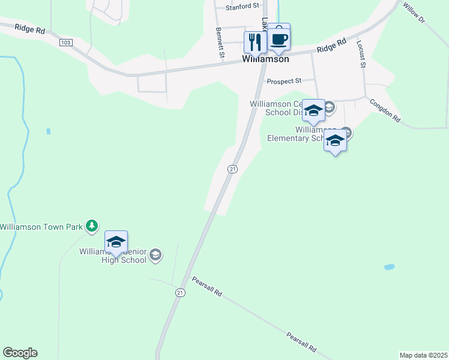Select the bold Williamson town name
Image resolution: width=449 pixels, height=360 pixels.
265,59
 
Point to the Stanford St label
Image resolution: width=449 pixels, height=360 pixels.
242,7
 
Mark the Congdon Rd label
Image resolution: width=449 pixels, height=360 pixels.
385,111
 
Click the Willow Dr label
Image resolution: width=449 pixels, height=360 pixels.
414,13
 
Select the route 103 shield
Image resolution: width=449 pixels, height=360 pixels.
66,42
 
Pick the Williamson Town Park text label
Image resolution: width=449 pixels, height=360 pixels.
41,226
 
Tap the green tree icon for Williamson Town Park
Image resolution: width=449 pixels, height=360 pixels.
91,226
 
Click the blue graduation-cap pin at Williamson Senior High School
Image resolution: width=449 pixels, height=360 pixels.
116,242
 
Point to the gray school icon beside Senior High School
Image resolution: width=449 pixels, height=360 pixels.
155,256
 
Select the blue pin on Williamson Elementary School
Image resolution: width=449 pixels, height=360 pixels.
335,141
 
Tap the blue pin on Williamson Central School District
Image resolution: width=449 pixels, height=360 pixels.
313,111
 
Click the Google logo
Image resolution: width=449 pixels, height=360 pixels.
20,353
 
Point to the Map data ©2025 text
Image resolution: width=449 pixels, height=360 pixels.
423,355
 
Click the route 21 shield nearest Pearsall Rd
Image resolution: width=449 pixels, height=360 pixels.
180,292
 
